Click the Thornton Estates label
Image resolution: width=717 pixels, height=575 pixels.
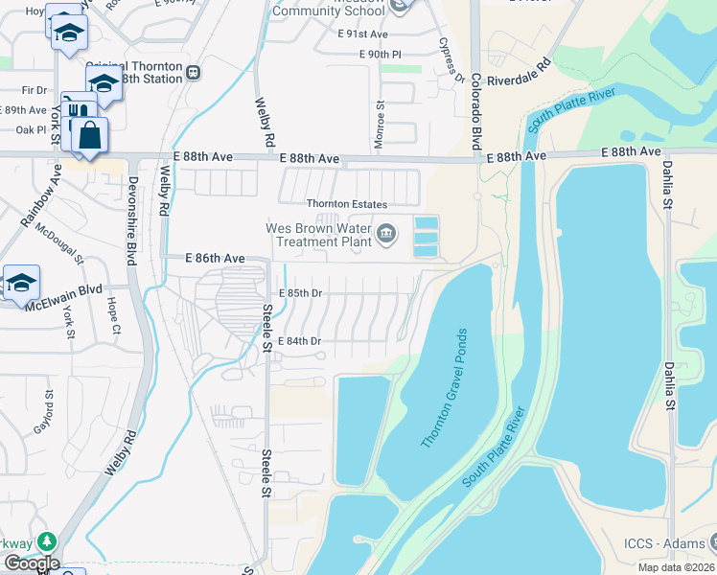coord(346,204)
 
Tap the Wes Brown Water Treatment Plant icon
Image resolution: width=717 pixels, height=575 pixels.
coord(386,233)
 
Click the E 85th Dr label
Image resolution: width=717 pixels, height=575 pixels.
coord(299,293)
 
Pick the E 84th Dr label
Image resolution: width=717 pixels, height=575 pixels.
coord(299,341)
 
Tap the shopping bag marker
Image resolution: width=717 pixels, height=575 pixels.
coord(89,135)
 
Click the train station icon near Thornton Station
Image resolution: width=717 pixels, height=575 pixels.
coord(193,72)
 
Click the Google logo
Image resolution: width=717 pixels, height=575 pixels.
coord(31,563)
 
